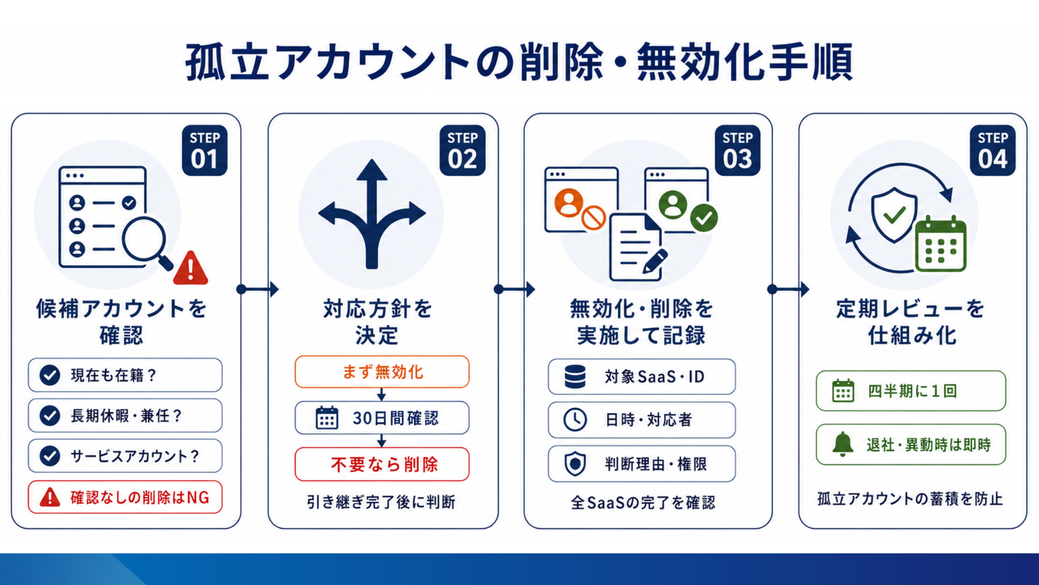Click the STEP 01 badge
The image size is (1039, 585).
click(205, 151)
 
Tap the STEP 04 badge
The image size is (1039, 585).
click(992, 151)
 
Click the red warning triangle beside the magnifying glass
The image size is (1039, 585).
click(190, 268)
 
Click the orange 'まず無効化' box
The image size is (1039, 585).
click(382, 372)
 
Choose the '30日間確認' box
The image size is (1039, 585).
click(382, 418)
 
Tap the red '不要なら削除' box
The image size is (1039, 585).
click(382, 464)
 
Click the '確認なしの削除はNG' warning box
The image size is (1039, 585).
click(125, 497)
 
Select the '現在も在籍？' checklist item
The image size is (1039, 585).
click(125, 375)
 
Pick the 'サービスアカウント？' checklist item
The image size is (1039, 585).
click(125, 456)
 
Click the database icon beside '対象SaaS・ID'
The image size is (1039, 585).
click(575, 376)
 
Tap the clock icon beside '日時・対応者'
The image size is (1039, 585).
click(575, 420)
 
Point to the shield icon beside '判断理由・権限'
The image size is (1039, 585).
click(575, 464)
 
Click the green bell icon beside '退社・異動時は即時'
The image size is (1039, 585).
click(843, 445)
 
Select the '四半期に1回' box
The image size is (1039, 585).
click(911, 391)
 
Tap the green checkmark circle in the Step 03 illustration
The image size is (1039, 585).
click(704, 218)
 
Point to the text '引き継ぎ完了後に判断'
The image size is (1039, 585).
click(382, 502)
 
